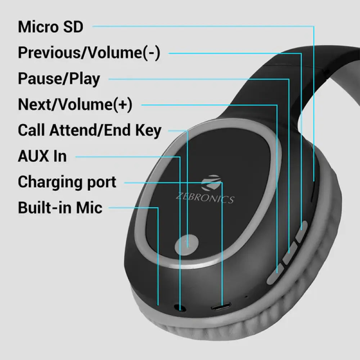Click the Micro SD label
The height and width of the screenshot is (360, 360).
click(50, 27)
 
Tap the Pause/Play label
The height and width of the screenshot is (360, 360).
click(59, 79)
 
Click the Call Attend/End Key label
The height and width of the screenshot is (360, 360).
click(90, 131)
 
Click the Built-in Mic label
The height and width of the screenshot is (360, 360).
click(60, 208)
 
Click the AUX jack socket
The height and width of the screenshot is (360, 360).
click(180, 308)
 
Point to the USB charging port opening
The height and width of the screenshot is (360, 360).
click(221, 308)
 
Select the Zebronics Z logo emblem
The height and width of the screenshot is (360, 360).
click(211, 183)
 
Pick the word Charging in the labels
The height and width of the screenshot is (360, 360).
click(49, 182)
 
